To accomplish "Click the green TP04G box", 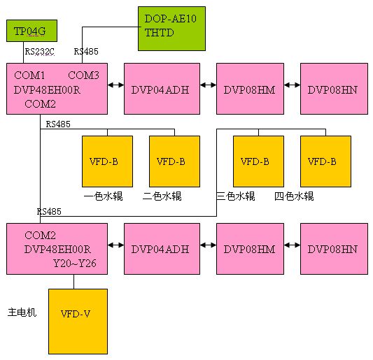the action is coord(31,31).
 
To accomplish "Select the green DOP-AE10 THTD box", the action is coord(171,29).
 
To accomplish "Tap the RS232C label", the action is coord(39,51).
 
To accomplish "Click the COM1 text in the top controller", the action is coord(29,75).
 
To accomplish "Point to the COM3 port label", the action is coord(83,75).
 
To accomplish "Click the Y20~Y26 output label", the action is coord(75,264).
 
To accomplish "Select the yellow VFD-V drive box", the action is coord(78,322).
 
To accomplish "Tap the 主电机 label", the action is coord(22,312).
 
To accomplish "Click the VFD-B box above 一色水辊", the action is coord(107,161).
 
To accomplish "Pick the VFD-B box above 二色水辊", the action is coord(174,161).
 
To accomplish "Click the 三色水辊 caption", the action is coord(236,196).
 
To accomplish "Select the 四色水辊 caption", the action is coord(294,196).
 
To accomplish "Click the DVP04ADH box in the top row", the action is coord(162,89).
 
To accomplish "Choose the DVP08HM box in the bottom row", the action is coord(250,249).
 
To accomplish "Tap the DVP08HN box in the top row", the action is coord(334,89).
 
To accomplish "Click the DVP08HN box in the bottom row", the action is coord(334,249).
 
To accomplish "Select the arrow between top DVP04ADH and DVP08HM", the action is coord(208,85).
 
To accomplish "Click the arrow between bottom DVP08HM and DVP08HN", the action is coord(292,245).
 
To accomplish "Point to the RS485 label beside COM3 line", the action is coord(86,51).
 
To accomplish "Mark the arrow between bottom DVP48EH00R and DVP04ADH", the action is coord(116,245).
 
